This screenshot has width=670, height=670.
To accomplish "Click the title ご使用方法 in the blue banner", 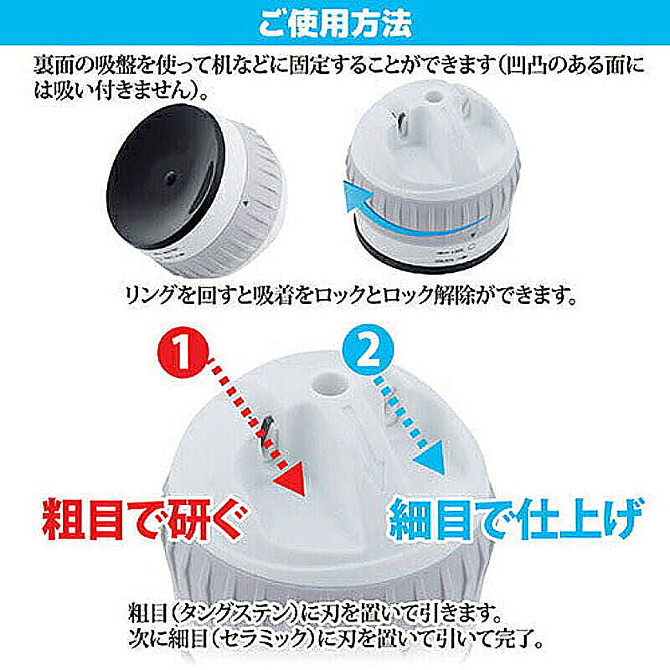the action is point(335,23).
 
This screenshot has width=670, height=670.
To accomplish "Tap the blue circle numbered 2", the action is point(368,349).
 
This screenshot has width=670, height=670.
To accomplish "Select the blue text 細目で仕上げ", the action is point(516,519).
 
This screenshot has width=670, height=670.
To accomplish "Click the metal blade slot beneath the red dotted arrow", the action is point(266,437).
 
